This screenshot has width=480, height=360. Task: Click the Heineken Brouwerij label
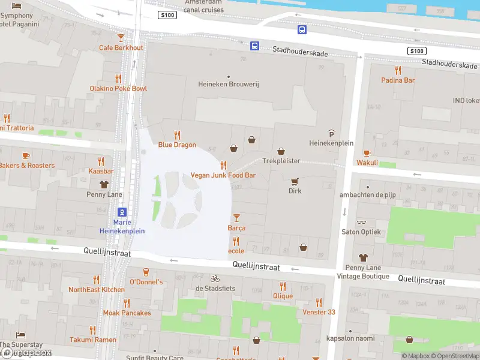coord(228,85)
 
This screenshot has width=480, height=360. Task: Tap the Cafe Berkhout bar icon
coord(121,37)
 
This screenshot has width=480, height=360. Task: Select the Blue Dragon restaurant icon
coord(177,135)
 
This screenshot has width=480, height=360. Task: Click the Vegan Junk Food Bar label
coord(223,175)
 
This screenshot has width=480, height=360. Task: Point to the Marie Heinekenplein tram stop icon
coord(122,212)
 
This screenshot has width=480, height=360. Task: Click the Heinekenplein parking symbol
coord(331,133)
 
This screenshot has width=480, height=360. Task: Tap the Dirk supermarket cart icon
coord(295,181)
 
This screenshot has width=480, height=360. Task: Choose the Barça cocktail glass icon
coord(236,217)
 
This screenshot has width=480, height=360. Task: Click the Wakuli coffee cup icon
coord(367,152)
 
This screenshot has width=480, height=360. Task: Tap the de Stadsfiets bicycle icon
coord(215,278)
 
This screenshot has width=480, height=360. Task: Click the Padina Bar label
coord(398,80)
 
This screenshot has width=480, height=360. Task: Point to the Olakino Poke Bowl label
coord(118,89)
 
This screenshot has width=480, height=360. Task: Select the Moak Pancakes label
coord(127,313)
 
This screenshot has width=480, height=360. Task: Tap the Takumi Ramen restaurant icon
coord(92,329)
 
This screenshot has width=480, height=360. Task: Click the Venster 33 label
coord(319,312)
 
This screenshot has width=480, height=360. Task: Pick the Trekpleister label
coord(281,161)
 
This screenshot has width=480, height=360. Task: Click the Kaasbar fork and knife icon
coord(101,161)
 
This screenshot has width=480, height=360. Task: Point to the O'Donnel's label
coord(146,282)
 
